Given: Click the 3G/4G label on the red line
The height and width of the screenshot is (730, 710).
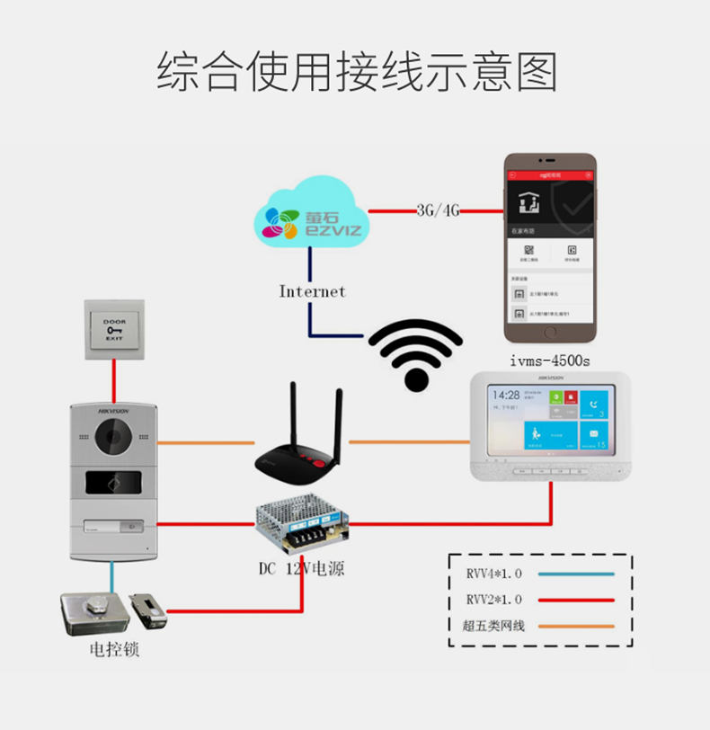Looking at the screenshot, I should coord(438,210).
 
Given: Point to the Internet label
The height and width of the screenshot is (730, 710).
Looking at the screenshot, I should coord(312,291).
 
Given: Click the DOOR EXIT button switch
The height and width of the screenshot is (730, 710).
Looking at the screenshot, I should coord(114,329).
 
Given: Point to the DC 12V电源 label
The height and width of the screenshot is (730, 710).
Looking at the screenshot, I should coord(301,569).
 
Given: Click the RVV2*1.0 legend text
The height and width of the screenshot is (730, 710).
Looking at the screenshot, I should coord(494,600).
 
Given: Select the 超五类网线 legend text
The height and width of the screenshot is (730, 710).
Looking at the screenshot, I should coord(494,626).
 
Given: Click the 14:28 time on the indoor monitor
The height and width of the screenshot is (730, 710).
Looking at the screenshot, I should coord(508,395).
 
